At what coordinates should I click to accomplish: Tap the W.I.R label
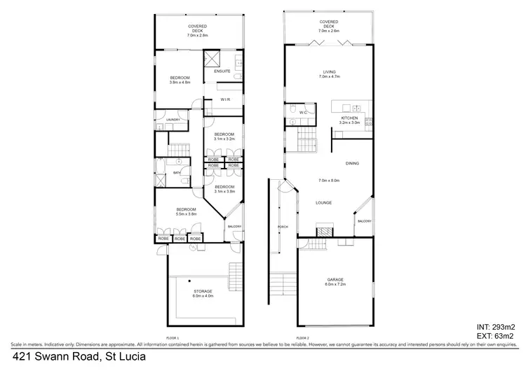[225, 99]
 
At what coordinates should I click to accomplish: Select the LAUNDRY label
[173, 120]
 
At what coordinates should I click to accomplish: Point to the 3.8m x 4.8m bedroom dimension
[180, 83]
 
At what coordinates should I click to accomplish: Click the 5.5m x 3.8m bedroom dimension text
[186, 214]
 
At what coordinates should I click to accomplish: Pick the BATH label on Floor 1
[177, 171]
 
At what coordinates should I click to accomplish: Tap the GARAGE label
[335, 279]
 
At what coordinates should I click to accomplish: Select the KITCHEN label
[349, 118]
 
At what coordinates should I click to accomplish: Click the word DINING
[352, 164]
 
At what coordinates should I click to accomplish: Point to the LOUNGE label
[323, 203]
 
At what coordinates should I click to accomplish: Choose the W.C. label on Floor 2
[304, 112]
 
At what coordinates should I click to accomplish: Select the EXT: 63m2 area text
[497, 337]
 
